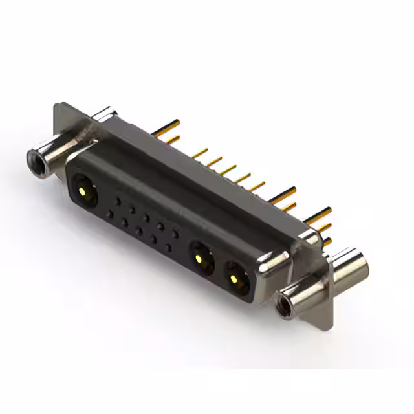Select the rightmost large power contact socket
click(x=236, y=276)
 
